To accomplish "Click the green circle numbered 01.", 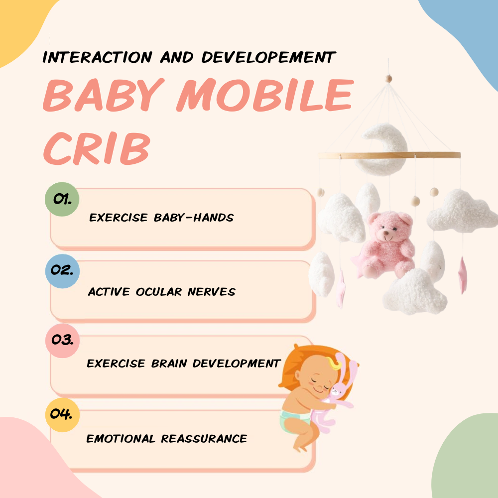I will tap(62, 200).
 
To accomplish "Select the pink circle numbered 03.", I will tap(62, 341).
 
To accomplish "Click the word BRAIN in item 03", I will tap(165, 364).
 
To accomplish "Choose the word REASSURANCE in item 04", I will tap(204, 439).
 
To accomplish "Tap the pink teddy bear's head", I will tap(390, 227).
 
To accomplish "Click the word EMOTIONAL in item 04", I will tap(121, 439).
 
